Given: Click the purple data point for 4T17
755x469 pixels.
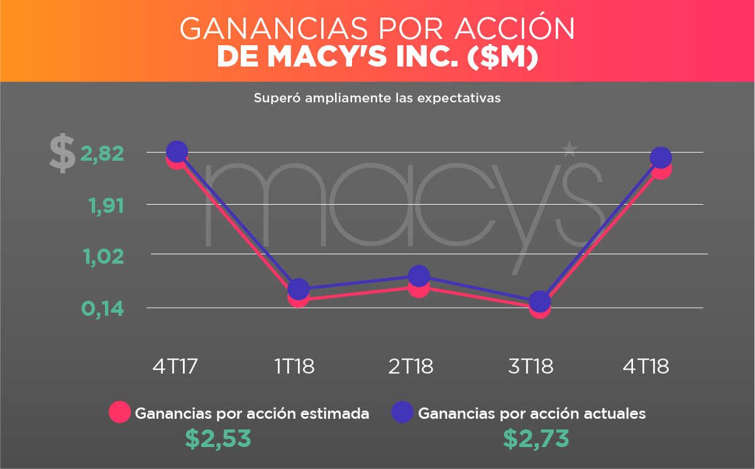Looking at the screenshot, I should coord(177,151).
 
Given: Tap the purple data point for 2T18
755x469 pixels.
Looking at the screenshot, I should coord(419,276).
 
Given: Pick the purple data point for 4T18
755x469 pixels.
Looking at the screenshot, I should coord(660,158).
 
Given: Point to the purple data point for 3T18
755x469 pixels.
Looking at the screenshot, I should coord(539,301).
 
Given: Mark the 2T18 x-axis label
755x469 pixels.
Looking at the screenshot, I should coord(411,366).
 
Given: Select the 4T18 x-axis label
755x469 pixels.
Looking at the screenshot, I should coord(646,366).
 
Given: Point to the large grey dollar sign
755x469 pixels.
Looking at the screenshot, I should coord(62,154).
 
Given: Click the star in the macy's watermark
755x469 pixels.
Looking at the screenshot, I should coord(570,149).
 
